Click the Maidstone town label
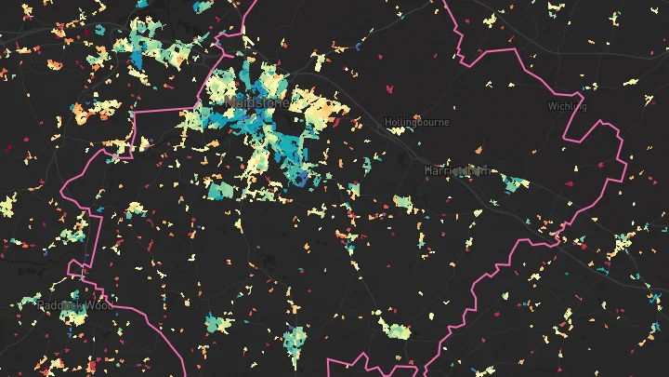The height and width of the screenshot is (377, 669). point(256,101)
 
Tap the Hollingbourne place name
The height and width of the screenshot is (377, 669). point(417,122)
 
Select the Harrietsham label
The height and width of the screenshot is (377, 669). point(455,171)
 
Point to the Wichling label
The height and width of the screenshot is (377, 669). point(567,106)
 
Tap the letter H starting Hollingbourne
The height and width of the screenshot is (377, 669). point(388,122)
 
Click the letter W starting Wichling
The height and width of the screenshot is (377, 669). point(551,106)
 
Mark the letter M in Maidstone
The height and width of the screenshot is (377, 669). point(229,101)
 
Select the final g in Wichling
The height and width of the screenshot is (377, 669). point(584,107)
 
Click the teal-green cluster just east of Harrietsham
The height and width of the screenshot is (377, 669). point(512,183)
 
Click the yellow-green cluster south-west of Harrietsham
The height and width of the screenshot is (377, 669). point(402,202)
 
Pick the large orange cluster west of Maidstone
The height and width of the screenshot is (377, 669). point(88,112)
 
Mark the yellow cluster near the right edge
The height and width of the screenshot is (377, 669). point(621,246)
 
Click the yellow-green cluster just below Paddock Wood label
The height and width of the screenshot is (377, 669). point(74,318)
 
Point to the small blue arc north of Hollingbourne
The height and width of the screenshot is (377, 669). point(361,47)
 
